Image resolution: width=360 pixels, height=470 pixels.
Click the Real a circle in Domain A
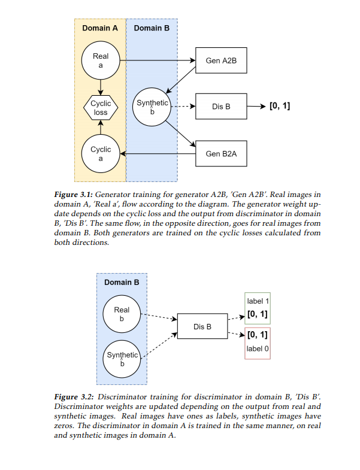pos(101,60)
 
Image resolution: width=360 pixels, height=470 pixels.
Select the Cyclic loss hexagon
pos(101,107)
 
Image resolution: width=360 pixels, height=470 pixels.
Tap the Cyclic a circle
pos(101,154)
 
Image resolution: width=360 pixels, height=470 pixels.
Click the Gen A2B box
pos(221,60)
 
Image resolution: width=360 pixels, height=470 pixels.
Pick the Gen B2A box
pos(221,154)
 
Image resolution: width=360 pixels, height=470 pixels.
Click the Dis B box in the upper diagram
pos(221,107)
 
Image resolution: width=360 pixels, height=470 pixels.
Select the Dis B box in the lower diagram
pos(202,327)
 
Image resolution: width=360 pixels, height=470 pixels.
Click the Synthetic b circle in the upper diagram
pos(152,107)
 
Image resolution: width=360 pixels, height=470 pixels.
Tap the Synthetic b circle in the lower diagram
pos(122,359)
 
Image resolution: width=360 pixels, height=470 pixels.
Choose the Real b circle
pos(122,314)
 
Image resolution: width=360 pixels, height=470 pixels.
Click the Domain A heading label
pos(100,28)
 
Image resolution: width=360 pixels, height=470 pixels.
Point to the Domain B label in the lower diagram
pos(122,282)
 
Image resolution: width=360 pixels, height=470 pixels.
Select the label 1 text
pos(257,301)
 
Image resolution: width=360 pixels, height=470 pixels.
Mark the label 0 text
pos(257,348)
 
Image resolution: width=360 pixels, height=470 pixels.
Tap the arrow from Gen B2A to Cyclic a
pos(158,154)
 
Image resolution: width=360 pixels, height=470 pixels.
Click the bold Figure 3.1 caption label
pos(73,195)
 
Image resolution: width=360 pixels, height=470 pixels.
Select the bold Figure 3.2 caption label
pos(73,397)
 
